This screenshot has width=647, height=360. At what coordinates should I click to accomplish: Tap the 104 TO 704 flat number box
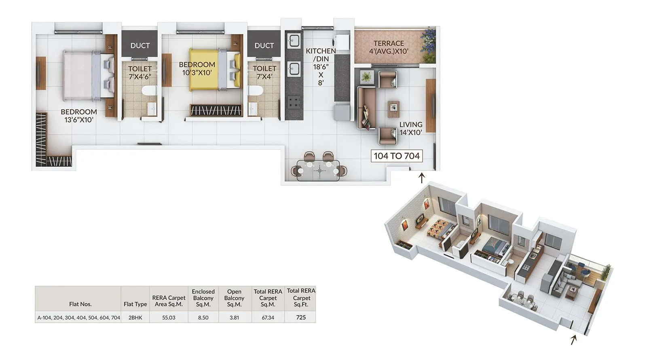pos(397,156)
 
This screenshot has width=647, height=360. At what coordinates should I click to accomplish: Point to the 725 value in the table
pos(301,318)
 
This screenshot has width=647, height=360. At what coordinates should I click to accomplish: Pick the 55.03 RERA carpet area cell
pos(169,318)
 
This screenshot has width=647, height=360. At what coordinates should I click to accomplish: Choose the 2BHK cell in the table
pos(135,318)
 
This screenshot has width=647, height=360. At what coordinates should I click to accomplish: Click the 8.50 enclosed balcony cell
pos(203,318)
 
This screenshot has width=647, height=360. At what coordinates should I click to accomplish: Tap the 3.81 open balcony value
pos(234,318)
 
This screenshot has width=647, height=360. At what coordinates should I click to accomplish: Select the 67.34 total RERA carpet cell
pos(268,318)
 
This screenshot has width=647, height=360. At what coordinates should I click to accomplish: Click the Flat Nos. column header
pos(80,304)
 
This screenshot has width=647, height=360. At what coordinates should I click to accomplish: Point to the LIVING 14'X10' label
pos(411,128)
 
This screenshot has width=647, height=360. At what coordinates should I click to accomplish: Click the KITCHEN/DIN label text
pos(321,55)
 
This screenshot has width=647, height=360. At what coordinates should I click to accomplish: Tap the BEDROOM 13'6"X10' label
pos(79,116)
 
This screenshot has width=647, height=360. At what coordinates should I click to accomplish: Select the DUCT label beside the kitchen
pos(264,46)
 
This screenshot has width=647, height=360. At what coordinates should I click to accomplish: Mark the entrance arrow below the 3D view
pos(573,340)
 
